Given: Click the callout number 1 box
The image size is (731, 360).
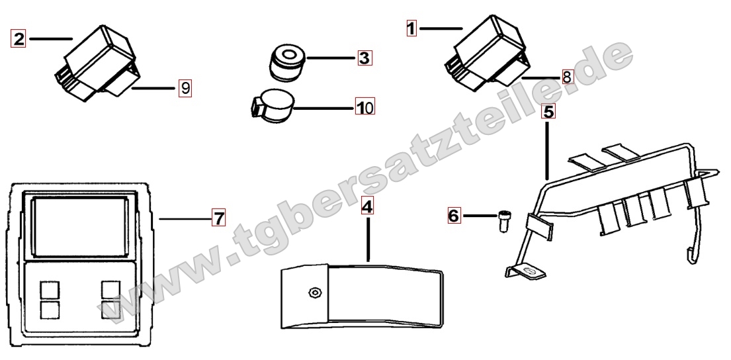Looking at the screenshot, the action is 411,28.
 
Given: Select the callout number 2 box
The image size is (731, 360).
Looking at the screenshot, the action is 19,38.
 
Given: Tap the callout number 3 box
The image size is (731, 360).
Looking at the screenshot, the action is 365,58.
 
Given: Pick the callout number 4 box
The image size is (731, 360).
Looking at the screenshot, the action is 367,206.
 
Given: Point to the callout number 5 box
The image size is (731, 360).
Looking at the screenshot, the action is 548,111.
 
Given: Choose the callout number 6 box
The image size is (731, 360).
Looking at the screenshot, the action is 454,216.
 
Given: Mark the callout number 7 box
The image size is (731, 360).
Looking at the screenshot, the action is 218,218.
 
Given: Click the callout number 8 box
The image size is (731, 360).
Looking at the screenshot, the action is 567,77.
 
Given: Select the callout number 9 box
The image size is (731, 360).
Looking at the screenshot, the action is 185,87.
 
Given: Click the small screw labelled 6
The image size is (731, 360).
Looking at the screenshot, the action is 503,220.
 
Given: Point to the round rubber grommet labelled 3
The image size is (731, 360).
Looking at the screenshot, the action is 286,62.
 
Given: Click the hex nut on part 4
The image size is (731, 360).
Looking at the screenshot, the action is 314,293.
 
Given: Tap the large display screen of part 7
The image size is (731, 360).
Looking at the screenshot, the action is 79,226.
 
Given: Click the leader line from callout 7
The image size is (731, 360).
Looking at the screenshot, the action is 185,218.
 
